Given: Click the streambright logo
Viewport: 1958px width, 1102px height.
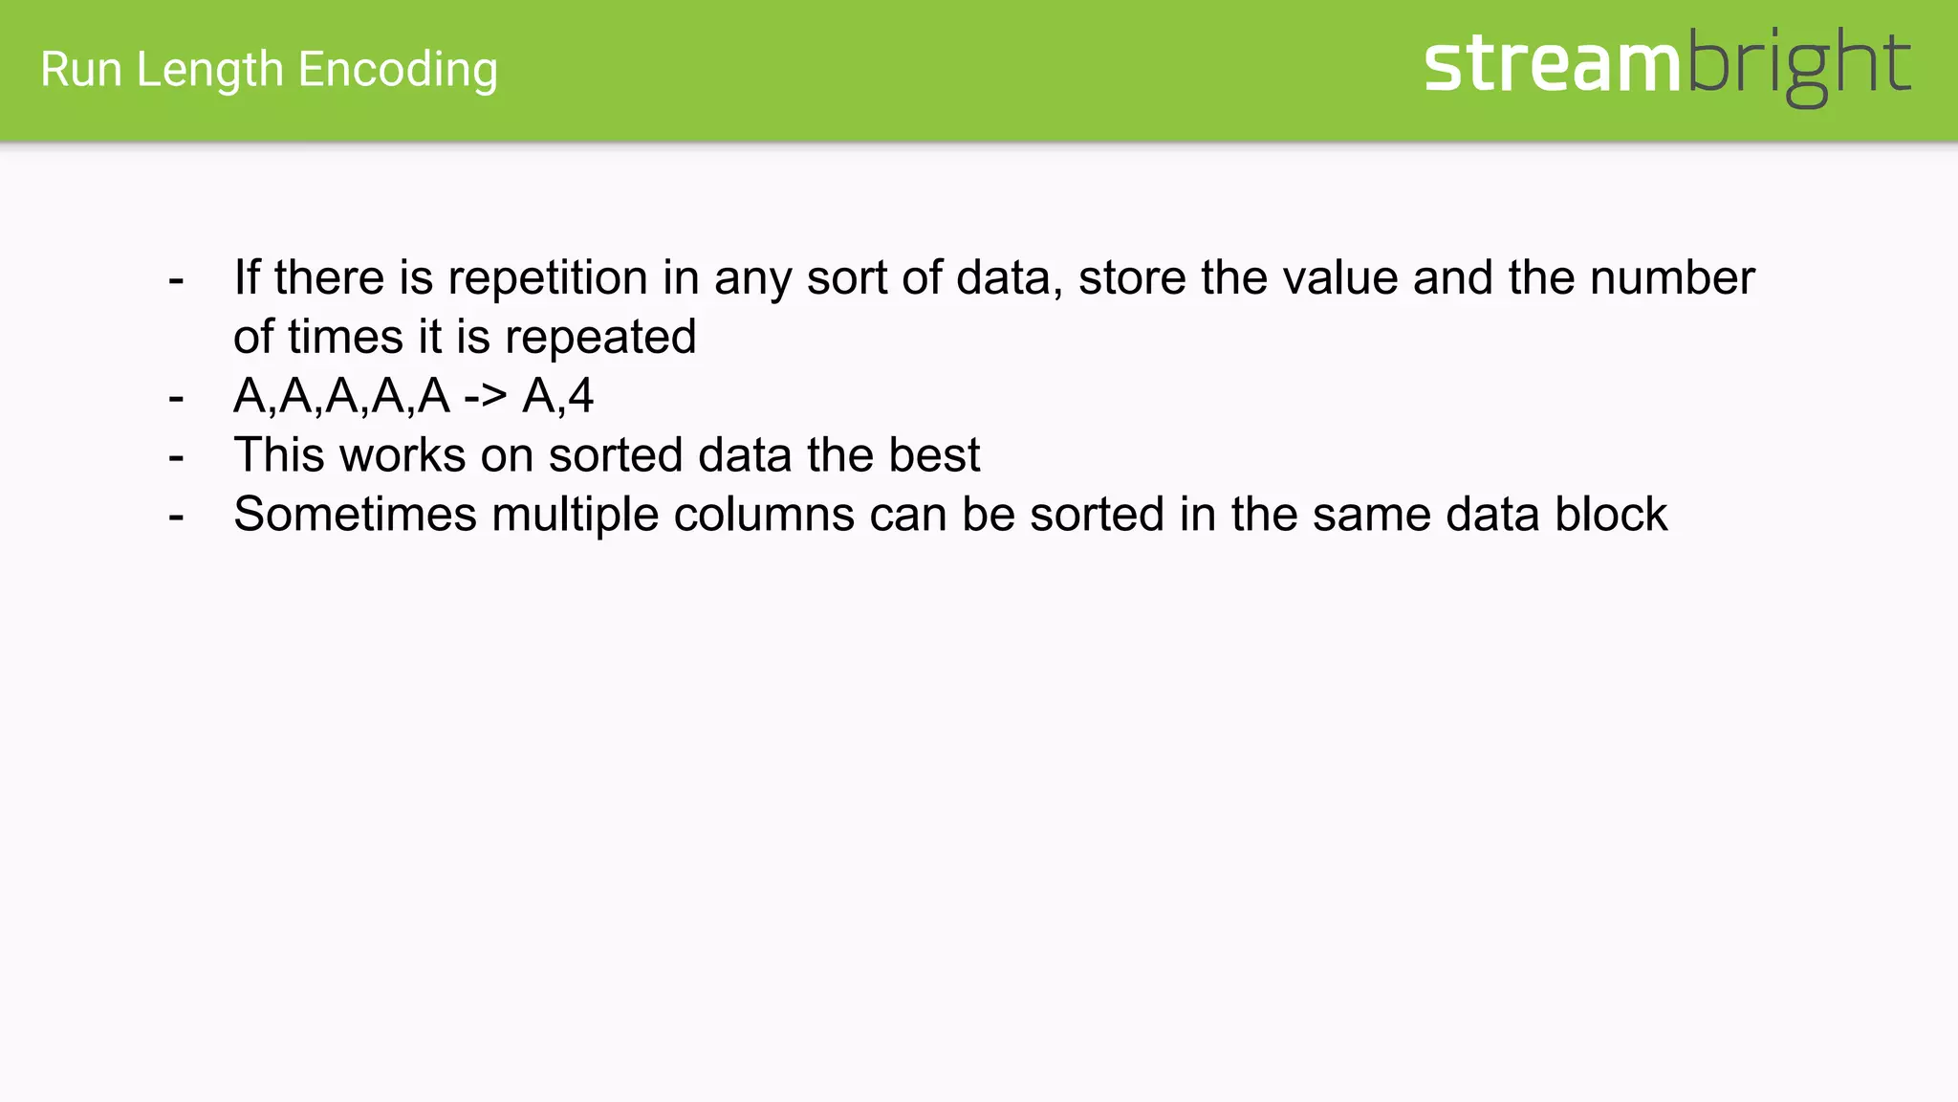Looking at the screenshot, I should point(1666,65).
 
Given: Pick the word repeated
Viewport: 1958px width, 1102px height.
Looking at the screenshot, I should point(600,338).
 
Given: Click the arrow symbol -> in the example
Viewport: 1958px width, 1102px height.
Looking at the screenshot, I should point(486,396).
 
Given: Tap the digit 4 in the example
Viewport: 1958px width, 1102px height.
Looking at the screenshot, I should point(581,396).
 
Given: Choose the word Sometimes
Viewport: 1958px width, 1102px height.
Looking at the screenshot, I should point(355,515).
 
